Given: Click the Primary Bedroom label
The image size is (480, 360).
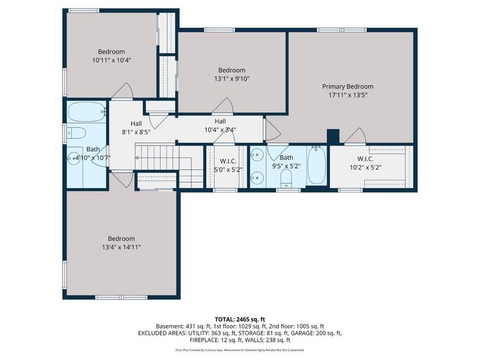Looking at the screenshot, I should click(x=347, y=86).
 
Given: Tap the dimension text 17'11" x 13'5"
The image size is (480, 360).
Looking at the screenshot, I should click(x=347, y=95).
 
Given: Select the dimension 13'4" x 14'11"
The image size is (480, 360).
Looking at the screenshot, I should click(x=121, y=247).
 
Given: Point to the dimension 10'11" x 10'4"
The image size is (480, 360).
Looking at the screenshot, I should click(x=111, y=60).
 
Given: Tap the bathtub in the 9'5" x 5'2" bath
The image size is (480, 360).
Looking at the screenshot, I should click(x=316, y=165).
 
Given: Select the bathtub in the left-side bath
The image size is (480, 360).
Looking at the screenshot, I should click(x=87, y=112).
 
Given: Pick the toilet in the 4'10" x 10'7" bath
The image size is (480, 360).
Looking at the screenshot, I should click(x=76, y=133).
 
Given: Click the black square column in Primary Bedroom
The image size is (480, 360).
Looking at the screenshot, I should click(x=332, y=136).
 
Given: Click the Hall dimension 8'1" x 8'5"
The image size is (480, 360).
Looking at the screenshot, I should click(x=136, y=132).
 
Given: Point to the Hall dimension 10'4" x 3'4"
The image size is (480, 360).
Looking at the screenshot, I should click(x=220, y=130).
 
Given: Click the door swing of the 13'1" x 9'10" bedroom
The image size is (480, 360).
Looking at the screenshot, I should click(x=226, y=107).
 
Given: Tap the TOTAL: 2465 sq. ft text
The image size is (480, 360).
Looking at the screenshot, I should click(x=240, y=318).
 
